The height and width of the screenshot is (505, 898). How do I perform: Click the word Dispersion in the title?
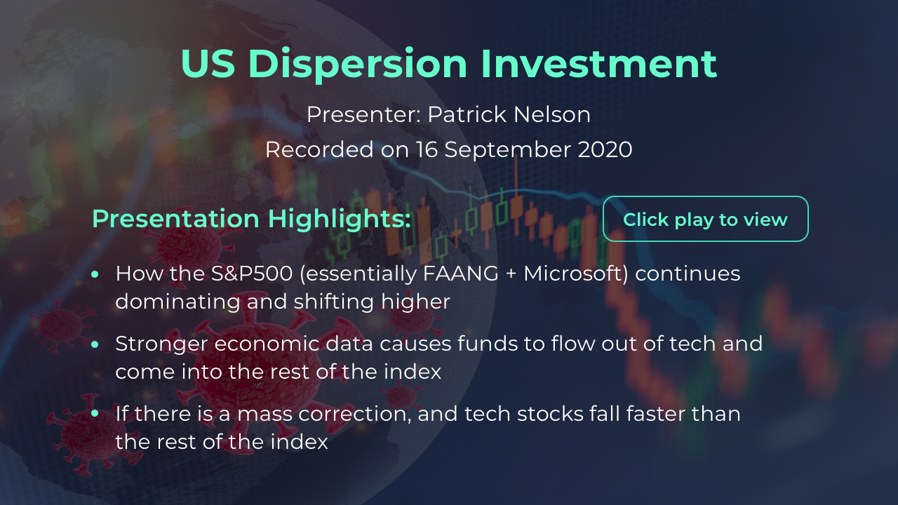pos(358,64)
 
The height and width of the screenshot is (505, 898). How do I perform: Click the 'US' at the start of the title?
pos(208,63)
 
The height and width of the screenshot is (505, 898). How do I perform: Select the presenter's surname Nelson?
pos(552,114)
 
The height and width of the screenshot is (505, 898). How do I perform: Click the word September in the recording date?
pos(508,151)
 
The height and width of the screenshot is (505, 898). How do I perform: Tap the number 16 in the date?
pos(427,150)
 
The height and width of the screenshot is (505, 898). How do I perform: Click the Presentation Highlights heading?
pos(251,220)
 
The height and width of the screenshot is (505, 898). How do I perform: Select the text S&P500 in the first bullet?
pos(252,274)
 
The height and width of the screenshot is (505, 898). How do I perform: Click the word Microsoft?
pos(576,274)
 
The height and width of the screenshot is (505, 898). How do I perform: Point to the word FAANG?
pos(461,274)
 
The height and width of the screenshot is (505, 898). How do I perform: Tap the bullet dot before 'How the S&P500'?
pos(95,274)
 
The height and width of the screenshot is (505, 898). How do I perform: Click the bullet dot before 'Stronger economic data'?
pos(95,344)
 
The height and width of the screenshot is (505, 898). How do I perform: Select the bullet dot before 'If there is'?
pos(95,413)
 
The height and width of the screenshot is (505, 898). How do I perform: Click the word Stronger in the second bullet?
pos(161,344)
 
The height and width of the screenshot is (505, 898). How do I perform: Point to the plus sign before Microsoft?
pos(511,274)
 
